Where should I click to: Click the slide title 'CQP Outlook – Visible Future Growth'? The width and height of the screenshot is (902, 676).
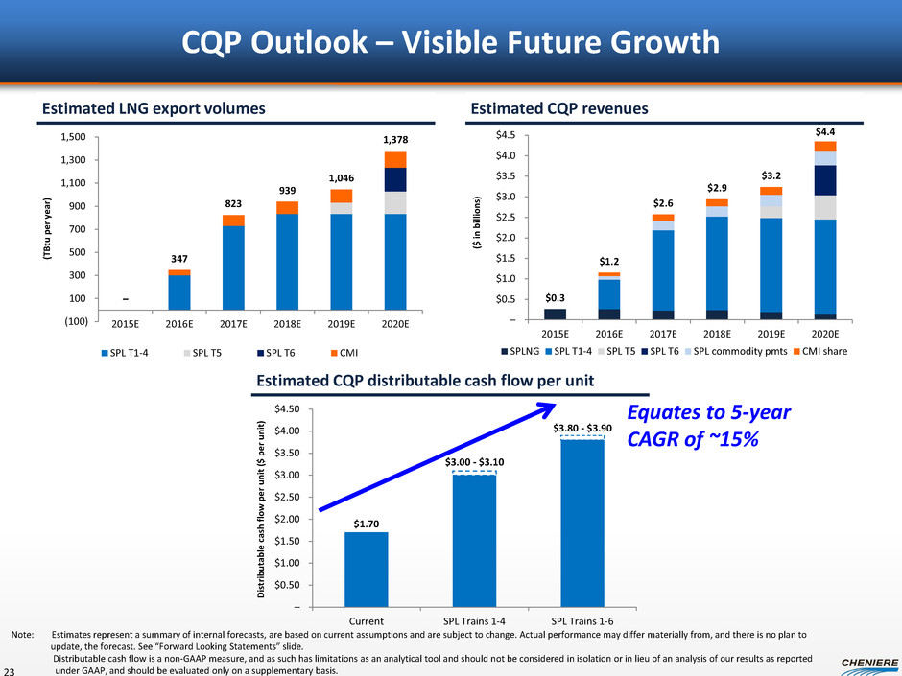(x=451, y=42)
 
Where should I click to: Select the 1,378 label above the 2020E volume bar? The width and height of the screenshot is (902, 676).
(x=394, y=140)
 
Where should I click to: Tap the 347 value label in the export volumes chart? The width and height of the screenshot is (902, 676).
(x=178, y=260)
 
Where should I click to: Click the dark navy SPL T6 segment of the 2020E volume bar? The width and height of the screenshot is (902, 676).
(x=394, y=179)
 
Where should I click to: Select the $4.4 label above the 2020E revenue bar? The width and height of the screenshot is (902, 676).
(x=824, y=130)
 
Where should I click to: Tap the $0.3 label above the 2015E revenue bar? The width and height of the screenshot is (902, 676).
(x=554, y=298)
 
